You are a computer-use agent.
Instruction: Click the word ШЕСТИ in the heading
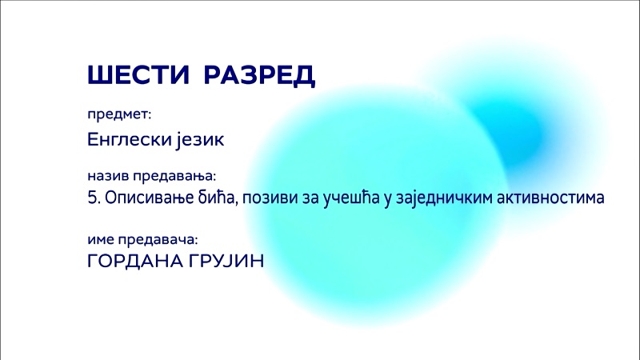138,74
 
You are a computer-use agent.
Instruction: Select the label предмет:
119,115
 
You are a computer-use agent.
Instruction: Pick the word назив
108,176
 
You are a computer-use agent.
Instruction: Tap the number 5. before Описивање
94,198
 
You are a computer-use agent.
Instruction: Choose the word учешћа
351,198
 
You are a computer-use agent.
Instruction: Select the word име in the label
101,239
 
